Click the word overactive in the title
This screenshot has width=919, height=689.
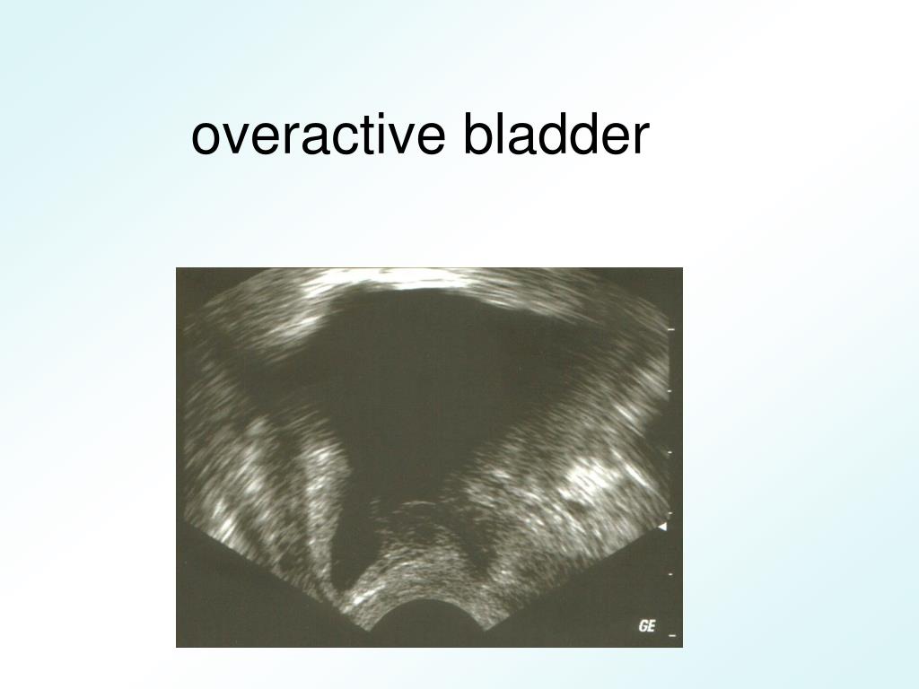(319, 136)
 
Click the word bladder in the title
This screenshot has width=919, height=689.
(556, 136)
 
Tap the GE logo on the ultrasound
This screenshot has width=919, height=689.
(646, 626)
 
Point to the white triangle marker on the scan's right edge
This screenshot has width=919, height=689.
(662, 527)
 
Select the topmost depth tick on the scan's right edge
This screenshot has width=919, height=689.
(670, 330)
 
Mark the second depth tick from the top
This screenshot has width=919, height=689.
(670, 391)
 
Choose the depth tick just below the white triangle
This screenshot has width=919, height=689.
(670, 573)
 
